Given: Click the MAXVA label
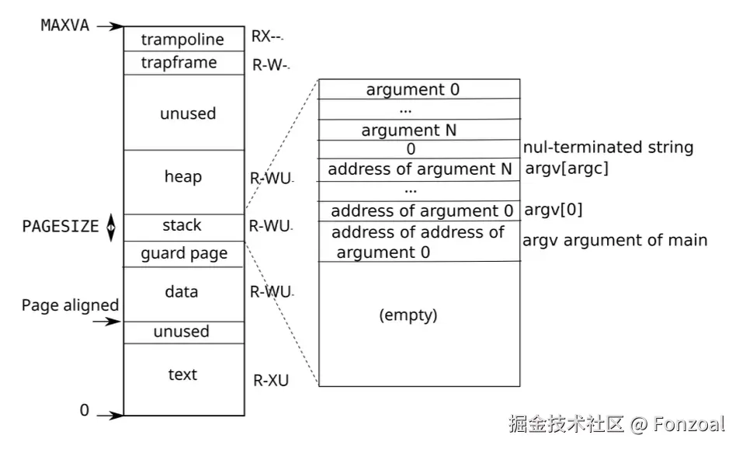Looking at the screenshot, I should click(x=64, y=25).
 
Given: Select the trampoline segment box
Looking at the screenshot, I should click(x=182, y=40).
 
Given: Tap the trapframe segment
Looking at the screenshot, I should click(x=179, y=63).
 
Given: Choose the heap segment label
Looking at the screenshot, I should click(x=183, y=177).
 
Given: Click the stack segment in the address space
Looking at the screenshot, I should click(x=182, y=226).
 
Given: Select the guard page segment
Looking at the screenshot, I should click(x=184, y=253).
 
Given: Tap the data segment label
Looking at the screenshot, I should click(x=182, y=292).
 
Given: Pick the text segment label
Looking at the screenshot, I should click(x=182, y=374).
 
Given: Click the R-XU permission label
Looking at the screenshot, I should click(x=271, y=381).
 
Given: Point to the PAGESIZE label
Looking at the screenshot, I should click(x=61, y=227).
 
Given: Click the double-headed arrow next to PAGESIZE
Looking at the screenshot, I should click(x=111, y=227).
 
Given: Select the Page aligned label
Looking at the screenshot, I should click(x=70, y=305).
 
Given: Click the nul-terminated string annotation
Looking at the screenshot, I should click(x=609, y=148).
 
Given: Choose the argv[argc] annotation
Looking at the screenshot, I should click(x=567, y=169).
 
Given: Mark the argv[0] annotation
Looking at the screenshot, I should click(x=554, y=210).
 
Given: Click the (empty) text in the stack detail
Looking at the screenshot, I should click(x=408, y=315).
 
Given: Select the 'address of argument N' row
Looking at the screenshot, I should click(x=419, y=169).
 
